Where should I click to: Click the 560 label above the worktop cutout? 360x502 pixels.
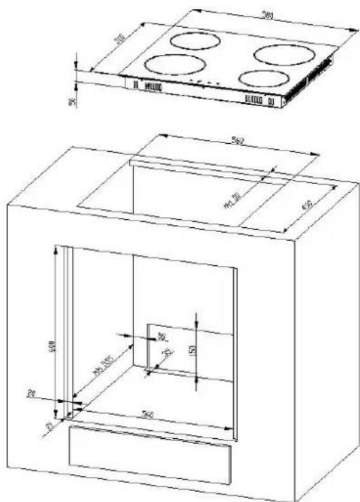[x=237, y=142]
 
